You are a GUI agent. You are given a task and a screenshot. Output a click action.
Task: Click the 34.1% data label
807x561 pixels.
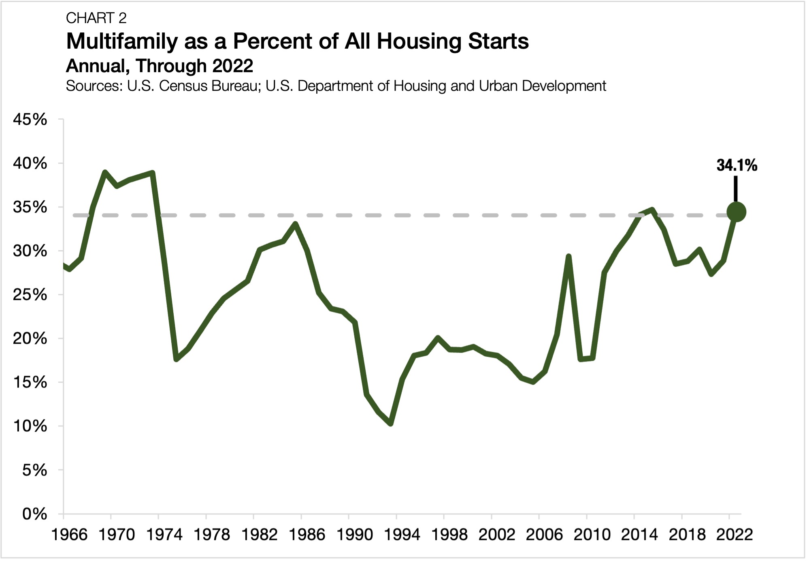click(737, 165)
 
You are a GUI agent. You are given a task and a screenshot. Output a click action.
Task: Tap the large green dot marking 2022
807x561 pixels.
click(736, 212)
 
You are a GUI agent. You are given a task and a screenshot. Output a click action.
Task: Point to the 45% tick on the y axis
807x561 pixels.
click(30, 120)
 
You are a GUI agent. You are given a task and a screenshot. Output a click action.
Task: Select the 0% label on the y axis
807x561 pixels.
click(34, 514)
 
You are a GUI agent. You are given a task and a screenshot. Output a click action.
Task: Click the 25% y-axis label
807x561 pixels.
click(30, 295)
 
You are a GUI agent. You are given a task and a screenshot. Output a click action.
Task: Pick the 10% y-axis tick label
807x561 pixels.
click(30, 426)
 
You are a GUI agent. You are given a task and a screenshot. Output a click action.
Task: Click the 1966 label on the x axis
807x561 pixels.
click(69, 535)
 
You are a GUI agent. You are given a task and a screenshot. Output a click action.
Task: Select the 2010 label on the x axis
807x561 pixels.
click(592, 535)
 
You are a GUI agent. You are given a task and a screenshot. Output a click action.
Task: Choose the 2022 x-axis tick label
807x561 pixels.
click(735, 535)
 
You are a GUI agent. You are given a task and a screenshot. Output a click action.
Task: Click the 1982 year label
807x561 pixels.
click(259, 535)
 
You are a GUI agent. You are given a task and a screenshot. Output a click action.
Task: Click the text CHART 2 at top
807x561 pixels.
click(96, 18)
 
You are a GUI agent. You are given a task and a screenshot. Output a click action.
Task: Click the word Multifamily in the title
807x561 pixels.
click(122, 41)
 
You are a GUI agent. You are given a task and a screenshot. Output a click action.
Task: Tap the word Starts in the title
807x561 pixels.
click(498, 41)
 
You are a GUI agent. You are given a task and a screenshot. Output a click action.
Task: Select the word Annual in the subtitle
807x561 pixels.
click(97, 66)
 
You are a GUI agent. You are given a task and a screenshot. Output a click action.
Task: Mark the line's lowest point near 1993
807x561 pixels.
click(390, 424)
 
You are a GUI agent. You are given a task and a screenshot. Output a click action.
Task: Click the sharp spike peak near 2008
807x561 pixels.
click(569, 257)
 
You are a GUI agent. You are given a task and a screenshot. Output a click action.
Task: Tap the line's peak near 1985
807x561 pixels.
click(296, 223)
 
